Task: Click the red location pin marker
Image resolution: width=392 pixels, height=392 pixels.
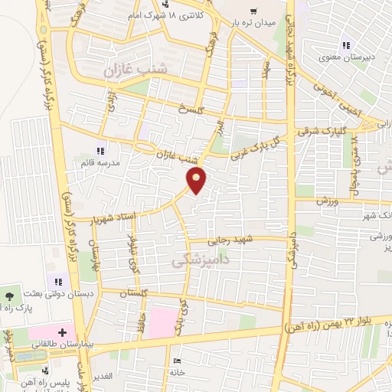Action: (197, 181)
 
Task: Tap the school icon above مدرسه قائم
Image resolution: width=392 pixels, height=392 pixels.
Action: (100, 151)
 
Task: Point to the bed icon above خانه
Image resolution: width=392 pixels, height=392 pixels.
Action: (178, 361)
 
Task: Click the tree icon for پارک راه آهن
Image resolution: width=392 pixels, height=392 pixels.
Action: (8, 296)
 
